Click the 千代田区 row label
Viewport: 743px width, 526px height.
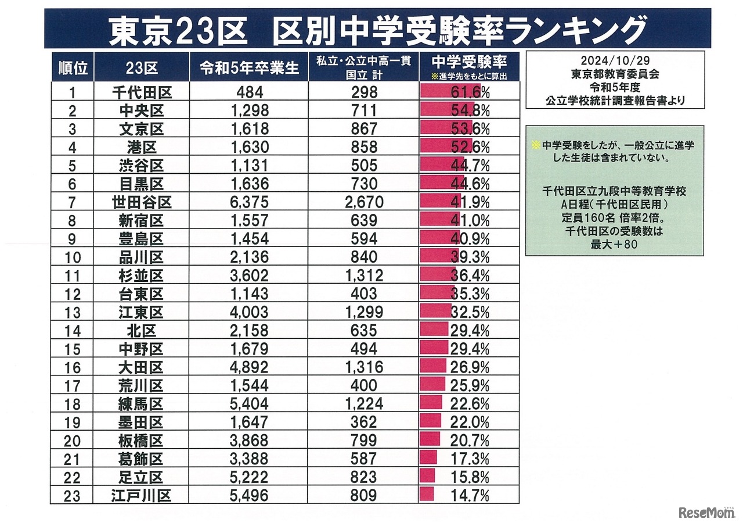[x=142, y=92]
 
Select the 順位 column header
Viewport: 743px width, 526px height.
[x=73, y=68]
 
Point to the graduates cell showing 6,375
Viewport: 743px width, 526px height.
[x=249, y=202]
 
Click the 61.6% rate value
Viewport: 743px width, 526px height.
[x=470, y=92]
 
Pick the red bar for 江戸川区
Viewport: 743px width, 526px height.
[x=427, y=495]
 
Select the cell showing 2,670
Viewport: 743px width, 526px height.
[x=365, y=202]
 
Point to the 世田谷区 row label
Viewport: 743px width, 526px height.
[x=142, y=202]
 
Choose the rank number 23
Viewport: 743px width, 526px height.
[x=73, y=496]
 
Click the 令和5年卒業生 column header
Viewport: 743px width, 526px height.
[x=249, y=68]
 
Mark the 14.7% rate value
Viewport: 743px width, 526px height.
[x=470, y=496]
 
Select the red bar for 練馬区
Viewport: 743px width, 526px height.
[x=431, y=403]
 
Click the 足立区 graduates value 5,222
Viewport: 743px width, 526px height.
[x=249, y=477]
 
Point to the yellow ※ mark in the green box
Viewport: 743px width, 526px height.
[x=535, y=144]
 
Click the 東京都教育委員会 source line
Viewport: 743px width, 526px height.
[x=615, y=75]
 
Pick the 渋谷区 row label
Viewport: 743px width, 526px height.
[x=142, y=166]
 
